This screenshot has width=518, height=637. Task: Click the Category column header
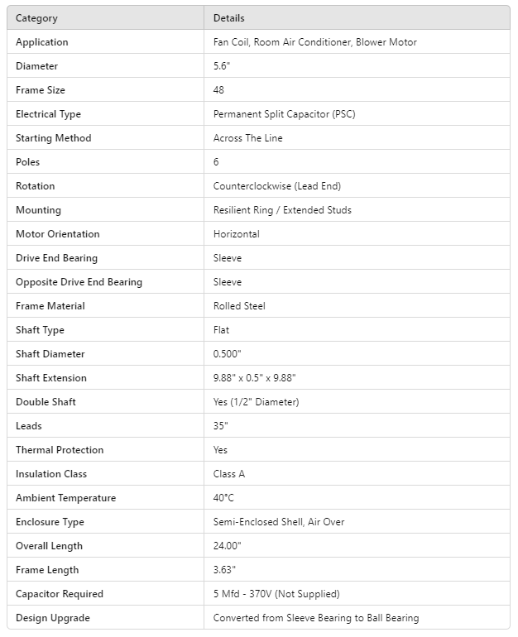point(36,18)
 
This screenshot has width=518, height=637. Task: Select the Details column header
point(229,18)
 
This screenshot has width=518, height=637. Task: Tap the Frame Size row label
point(41,90)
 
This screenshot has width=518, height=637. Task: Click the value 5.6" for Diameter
point(222,66)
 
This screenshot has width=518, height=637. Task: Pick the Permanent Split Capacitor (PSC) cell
point(284,114)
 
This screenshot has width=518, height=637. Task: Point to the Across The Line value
point(247,138)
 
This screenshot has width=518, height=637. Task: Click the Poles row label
point(28,162)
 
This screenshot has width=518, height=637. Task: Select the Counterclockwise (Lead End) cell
point(276,186)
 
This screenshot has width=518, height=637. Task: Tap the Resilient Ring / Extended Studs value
point(282,210)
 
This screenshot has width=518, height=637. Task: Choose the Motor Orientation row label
point(58,234)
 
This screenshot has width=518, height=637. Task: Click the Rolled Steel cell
point(239,306)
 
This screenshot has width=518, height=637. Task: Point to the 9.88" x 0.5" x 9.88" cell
point(254,378)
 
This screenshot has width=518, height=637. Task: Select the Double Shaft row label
point(46,402)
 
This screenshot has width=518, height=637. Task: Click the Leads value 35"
point(221,426)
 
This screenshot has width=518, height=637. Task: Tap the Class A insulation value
point(229,474)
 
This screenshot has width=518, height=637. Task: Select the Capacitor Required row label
point(60,594)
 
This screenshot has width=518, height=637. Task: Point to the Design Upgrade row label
point(53,618)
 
